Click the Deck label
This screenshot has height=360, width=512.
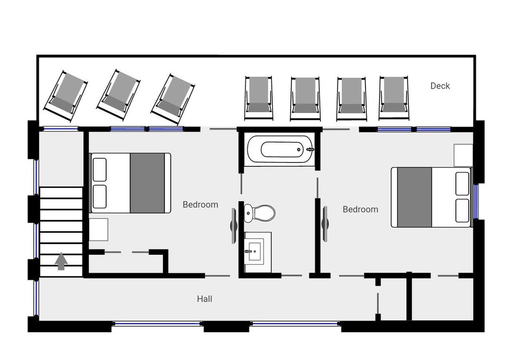click(440, 86)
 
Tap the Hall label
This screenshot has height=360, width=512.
click(205, 298)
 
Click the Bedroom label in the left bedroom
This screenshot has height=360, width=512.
click(200, 205)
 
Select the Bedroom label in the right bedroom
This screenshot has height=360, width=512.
click(360, 209)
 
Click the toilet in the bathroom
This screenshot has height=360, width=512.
click(260, 213)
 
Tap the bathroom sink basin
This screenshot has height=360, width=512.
click(255, 252)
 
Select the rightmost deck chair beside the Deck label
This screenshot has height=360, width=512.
click(394, 98)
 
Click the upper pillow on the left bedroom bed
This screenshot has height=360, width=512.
click(100, 170)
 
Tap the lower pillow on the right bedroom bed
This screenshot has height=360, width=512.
click(462, 210)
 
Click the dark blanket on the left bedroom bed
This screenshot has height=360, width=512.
click(147, 183)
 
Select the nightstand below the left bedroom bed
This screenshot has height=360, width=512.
click(98, 230)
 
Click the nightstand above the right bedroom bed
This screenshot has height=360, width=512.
click(463, 155)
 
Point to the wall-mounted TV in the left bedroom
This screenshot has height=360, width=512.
click(233, 226)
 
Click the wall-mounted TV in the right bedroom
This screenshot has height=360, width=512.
click(325, 224)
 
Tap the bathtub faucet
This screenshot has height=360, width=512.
click(310, 150)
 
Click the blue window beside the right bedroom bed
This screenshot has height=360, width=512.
click(476, 201)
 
